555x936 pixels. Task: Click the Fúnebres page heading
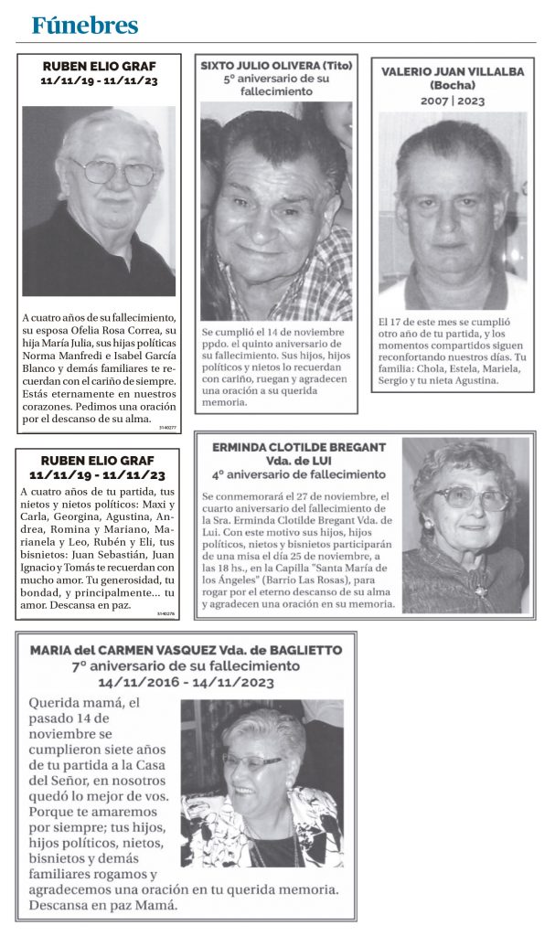[x=84, y=25]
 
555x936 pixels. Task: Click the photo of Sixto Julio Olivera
[x=276, y=211]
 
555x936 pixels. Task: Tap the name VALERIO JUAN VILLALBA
[x=453, y=71]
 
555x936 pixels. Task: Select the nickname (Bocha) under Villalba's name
[x=453, y=86]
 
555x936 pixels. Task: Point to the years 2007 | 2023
[x=453, y=101]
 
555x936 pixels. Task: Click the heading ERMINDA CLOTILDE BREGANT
[x=299, y=447]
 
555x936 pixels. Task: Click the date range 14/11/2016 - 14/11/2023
[x=187, y=682]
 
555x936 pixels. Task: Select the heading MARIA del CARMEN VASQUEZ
[x=132, y=650]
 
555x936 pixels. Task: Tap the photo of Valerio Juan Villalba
[x=453, y=210]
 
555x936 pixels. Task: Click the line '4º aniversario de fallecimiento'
[x=299, y=474]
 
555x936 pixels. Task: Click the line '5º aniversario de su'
[x=276, y=80]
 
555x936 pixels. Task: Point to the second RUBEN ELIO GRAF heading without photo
[x=98, y=461]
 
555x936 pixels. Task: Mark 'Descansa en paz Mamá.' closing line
[x=101, y=906]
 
